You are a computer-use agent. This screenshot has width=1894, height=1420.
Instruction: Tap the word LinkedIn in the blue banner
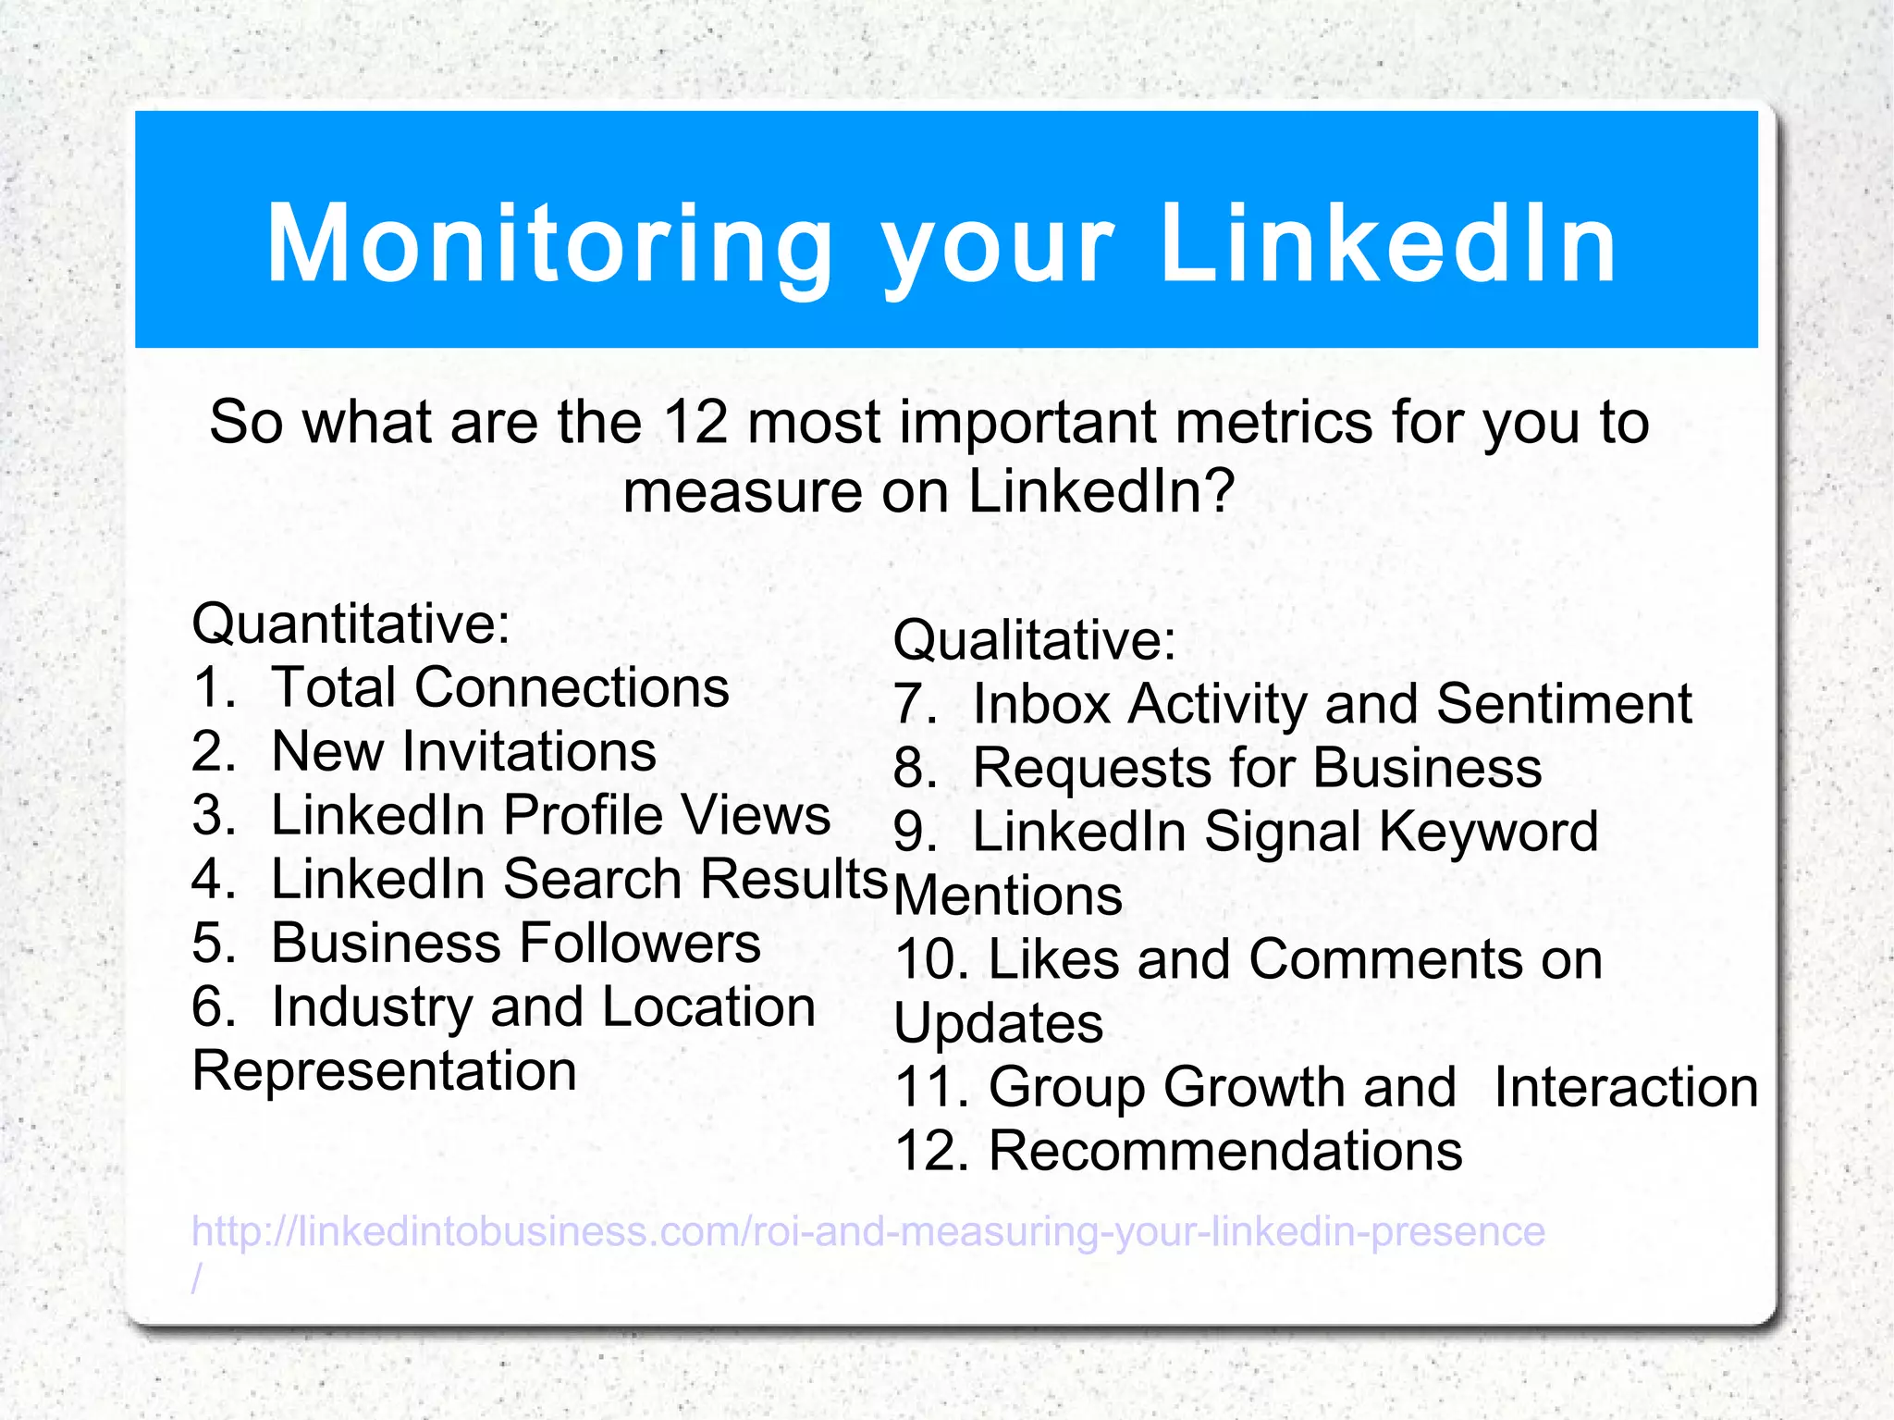[1387, 243]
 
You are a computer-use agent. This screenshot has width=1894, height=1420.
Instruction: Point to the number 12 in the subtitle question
[695, 423]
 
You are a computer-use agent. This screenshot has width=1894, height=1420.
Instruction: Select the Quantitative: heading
[351, 624]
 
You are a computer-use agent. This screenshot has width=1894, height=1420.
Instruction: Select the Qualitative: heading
[1034, 640]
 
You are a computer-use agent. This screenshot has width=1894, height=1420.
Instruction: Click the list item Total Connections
[499, 687]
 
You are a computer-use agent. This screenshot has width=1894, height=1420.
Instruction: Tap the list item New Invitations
[462, 751]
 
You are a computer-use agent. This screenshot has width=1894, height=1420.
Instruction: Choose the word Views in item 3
[756, 815]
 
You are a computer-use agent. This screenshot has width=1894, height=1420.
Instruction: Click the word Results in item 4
[793, 879]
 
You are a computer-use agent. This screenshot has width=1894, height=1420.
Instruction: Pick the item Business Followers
[515, 944]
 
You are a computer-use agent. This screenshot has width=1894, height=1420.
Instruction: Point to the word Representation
[384, 1071]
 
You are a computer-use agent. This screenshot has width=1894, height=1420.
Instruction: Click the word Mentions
[1008, 896]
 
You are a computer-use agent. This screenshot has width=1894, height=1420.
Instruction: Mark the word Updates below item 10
[999, 1024]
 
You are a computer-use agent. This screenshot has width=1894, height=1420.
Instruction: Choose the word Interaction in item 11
[1625, 1087]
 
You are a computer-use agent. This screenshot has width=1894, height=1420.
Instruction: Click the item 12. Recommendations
[1178, 1151]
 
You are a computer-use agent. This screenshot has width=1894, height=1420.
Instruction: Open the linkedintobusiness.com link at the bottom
[867, 1232]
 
